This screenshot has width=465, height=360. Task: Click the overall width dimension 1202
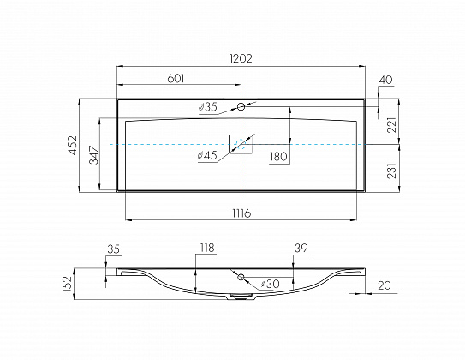tap(241, 58)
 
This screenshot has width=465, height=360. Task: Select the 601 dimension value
tap(176, 79)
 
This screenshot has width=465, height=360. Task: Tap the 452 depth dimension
tap(73, 145)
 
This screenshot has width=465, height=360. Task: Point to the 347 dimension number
tap(94, 154)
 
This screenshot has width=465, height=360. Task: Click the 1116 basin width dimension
tap(241, 213)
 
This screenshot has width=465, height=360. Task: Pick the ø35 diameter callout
tap(207, 107)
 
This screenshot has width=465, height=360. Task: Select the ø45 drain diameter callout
tap(207, 155)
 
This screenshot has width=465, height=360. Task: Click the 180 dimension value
tap(278, 156)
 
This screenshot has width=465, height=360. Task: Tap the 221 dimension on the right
tap(391, 125)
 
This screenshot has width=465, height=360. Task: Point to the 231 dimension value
tap(391, 171)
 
